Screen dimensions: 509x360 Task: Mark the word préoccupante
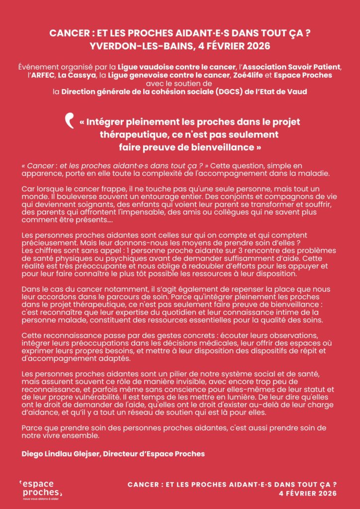(93, 266)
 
